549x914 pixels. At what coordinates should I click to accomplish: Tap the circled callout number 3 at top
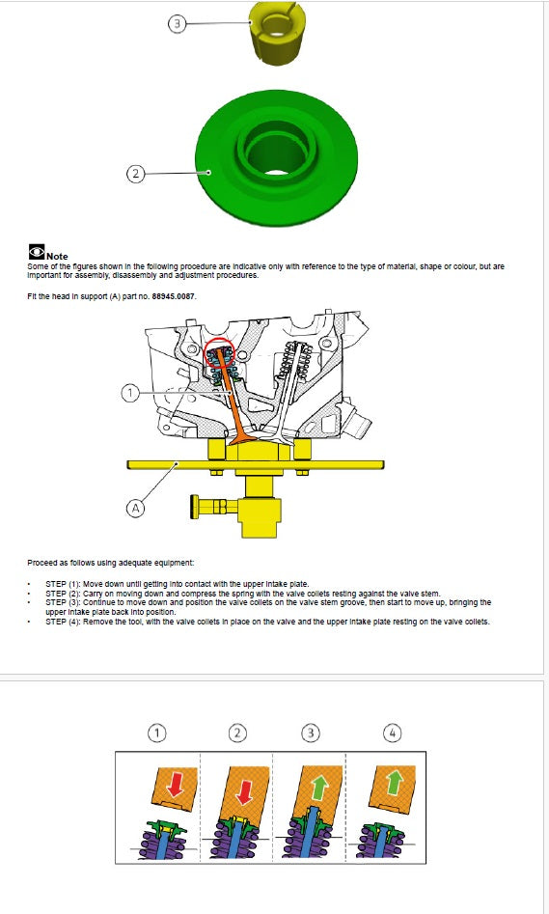(175, 23)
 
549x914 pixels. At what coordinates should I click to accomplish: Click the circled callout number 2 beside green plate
(136, 174)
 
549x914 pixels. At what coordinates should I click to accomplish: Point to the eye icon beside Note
(36, 254)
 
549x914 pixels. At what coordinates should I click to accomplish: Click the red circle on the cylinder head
(220, 356)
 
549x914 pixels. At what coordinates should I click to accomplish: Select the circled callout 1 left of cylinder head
(130, 393)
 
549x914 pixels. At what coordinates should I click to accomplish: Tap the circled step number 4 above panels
(392, 733)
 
